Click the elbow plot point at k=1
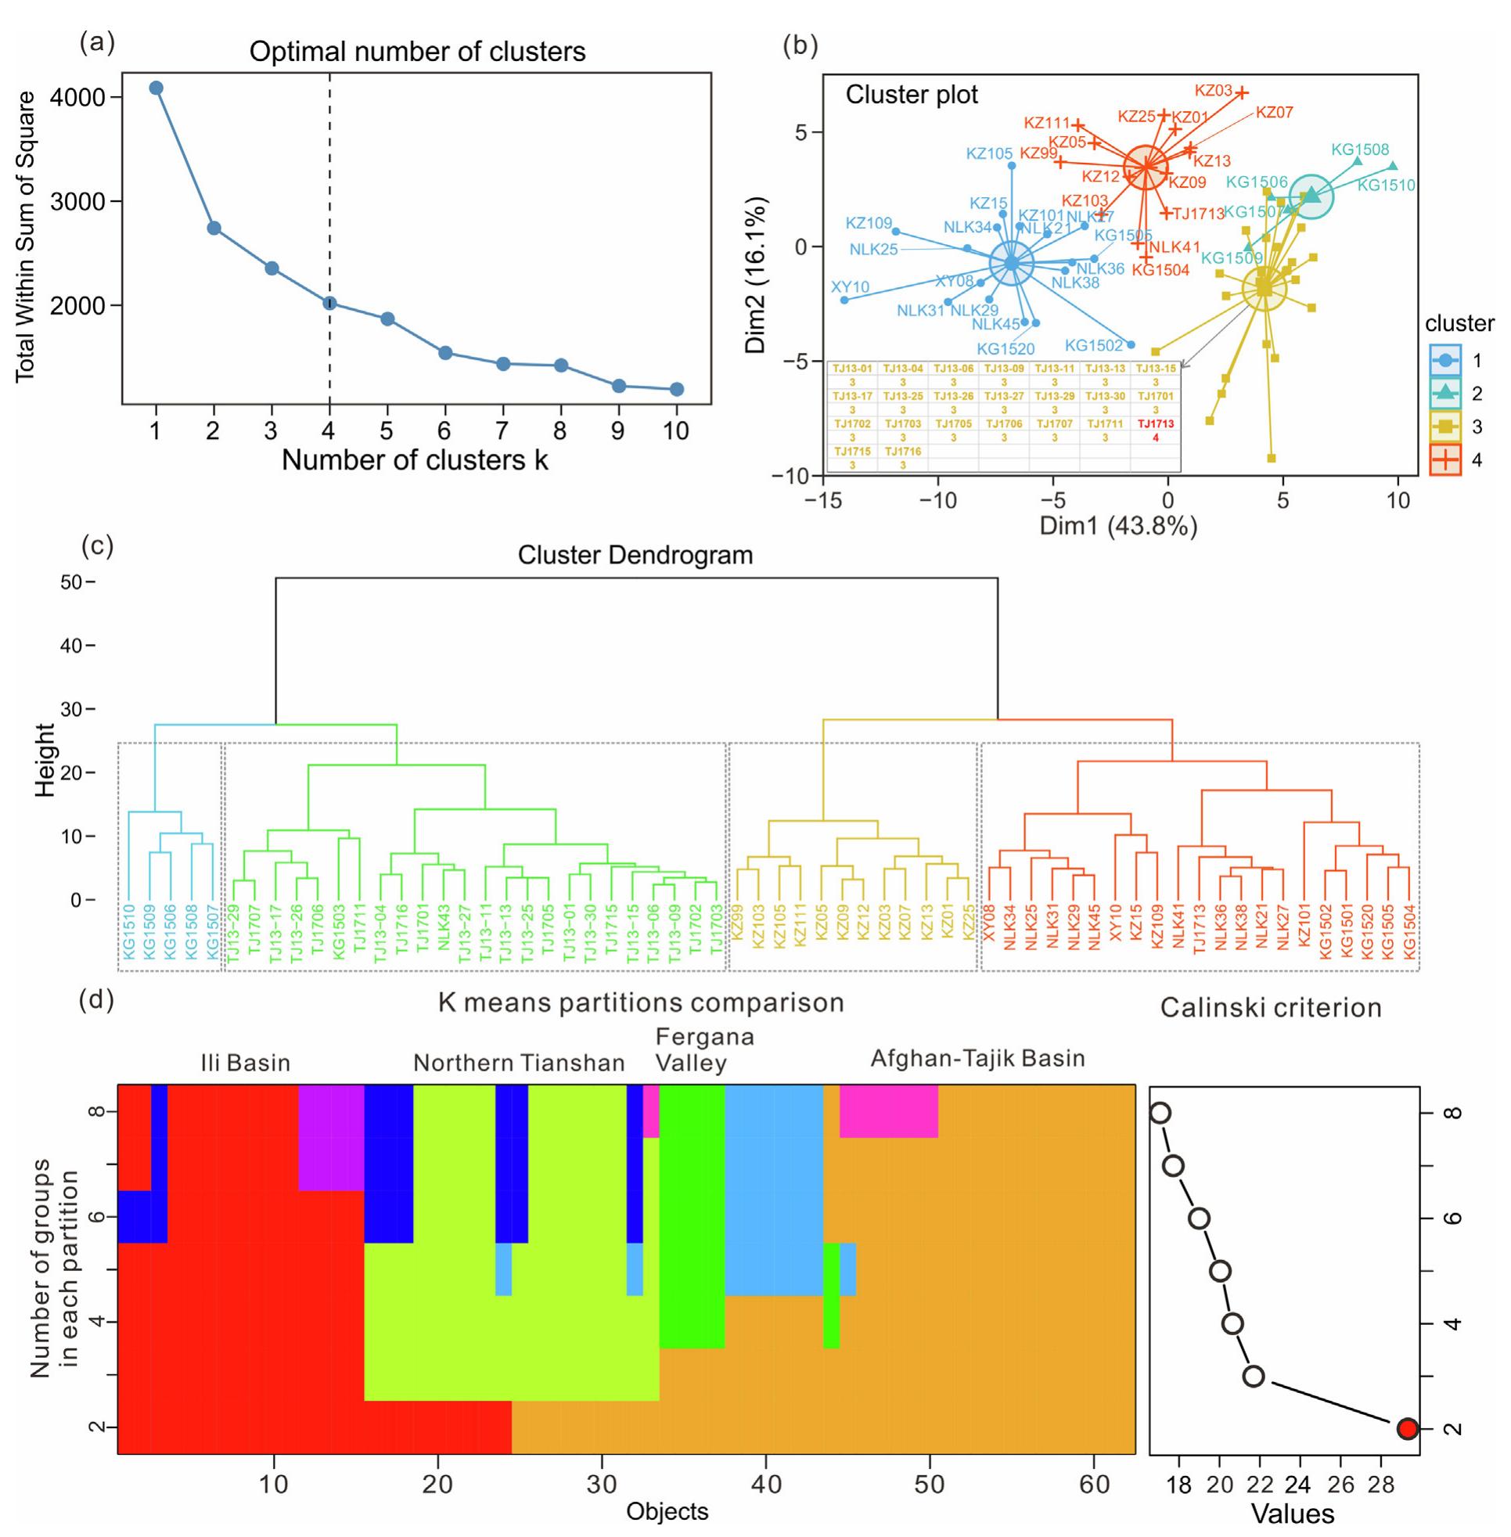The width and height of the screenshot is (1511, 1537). (156, 88)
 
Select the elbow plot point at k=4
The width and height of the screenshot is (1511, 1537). (329, 302)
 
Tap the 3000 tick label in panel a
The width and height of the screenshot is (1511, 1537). (77, 202)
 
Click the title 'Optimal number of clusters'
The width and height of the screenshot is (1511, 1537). (417, 52)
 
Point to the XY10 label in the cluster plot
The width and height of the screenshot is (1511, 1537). (850, 286)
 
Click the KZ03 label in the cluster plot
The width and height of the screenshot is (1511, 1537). (1214, 91)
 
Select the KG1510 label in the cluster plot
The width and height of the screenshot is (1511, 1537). (1386, 185)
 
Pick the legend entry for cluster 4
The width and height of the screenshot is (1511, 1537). (1446, 459)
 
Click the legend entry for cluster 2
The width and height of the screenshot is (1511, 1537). (1446, 392)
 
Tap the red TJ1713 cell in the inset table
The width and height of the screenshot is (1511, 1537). (1155, 424)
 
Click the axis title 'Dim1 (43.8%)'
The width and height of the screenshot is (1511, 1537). (1118, 526)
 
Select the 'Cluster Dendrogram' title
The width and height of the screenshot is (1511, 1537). (635, 556)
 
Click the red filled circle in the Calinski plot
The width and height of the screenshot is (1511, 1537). (1406, 1429)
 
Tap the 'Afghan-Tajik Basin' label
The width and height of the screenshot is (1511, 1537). (977, 1058)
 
